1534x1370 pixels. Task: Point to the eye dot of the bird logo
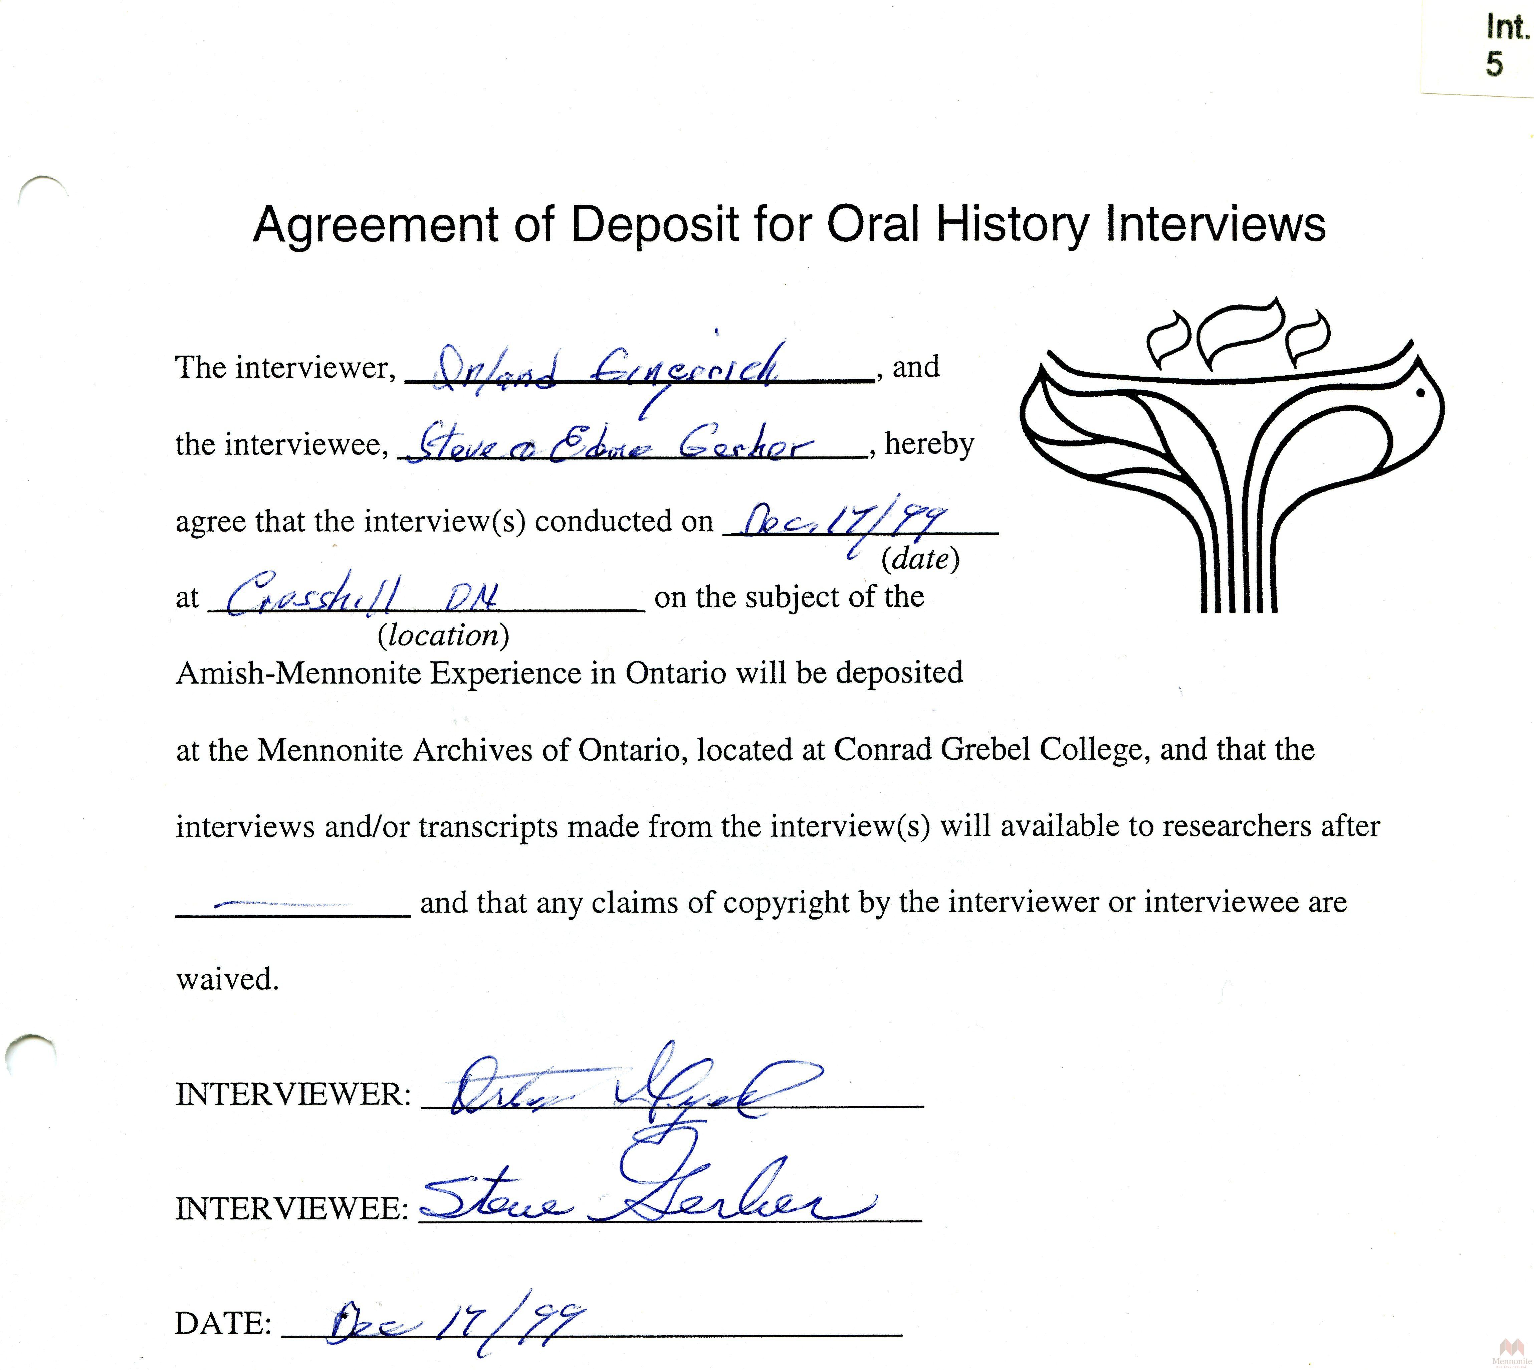tap(1420, 392)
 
